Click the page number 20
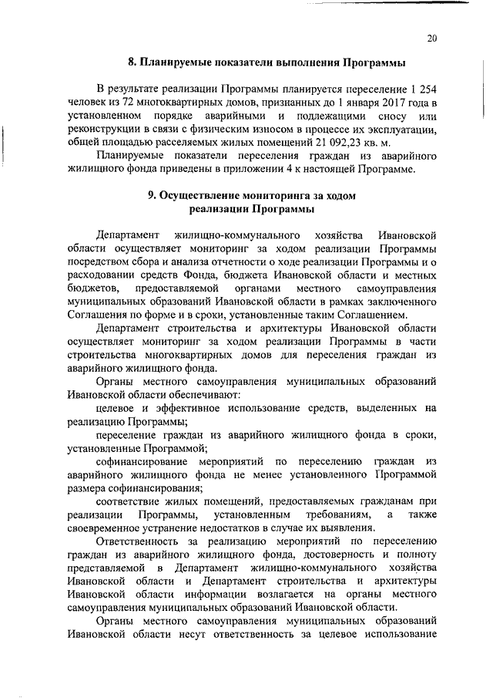tap(431, 39)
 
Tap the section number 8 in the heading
tap(132, 62)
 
